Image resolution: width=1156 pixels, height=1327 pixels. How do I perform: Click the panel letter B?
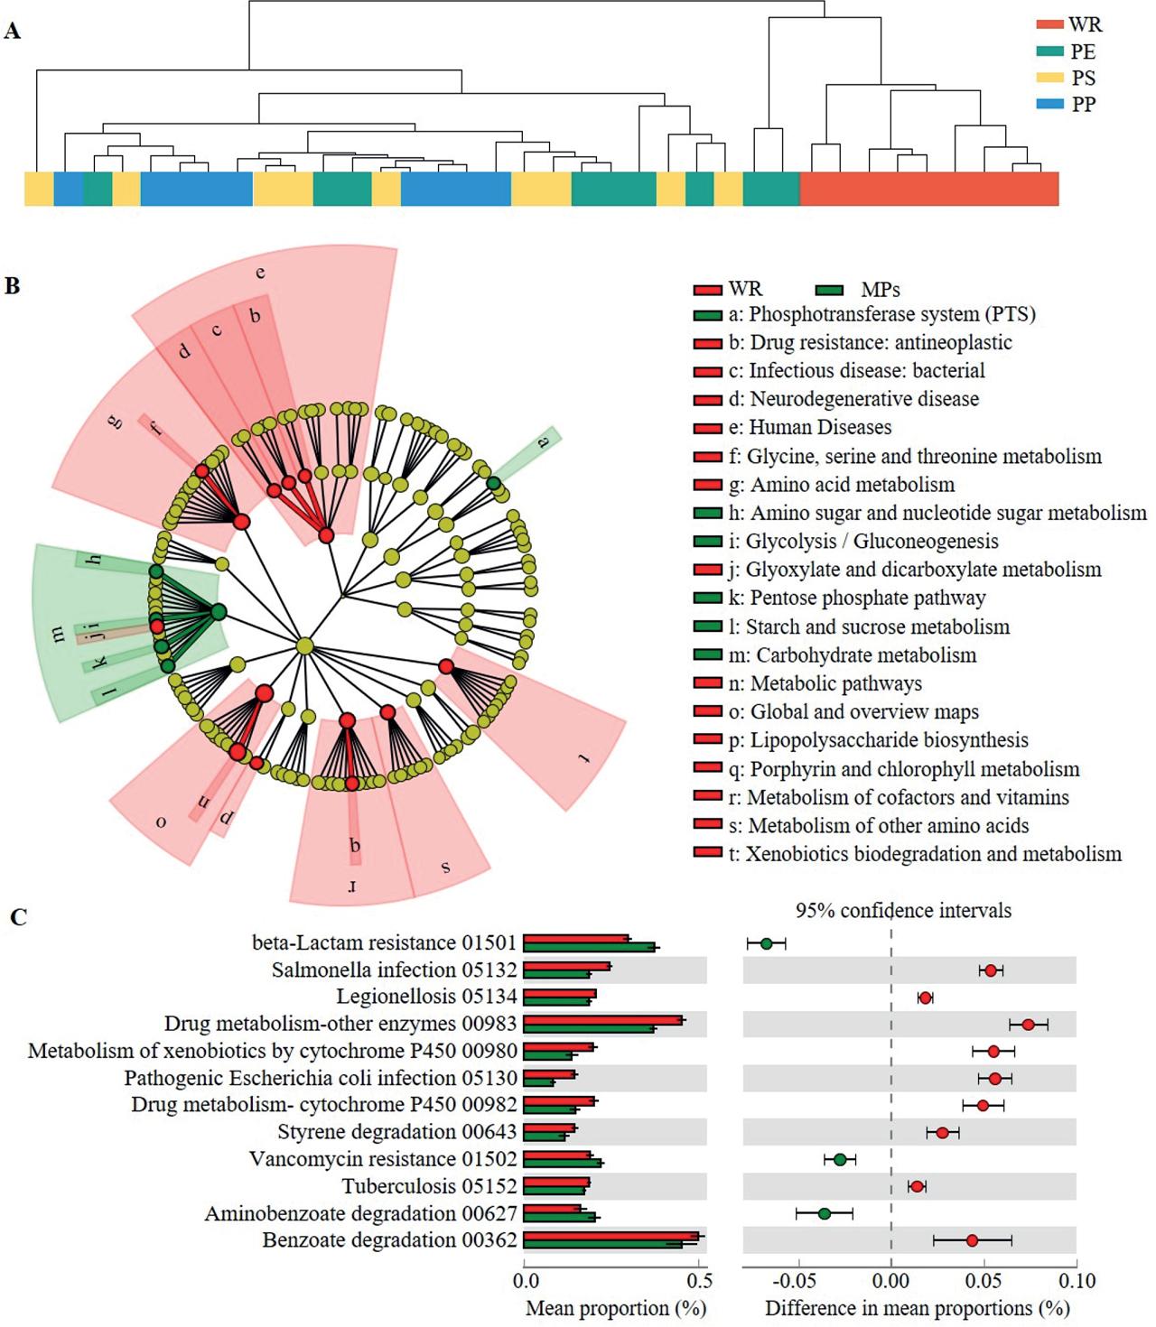coord(12,286)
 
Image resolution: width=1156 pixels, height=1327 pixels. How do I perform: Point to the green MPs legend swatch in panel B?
coord(828,290)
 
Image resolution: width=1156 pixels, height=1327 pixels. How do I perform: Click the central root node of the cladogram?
coord(305,645)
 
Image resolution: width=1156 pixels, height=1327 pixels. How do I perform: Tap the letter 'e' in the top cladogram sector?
coord(260,273)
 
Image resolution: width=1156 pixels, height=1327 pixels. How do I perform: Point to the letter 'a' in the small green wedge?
coord(544,442)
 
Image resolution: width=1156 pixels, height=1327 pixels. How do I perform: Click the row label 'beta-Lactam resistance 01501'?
coord(384,942)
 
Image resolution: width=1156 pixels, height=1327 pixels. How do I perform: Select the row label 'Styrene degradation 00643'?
coord(397,1132)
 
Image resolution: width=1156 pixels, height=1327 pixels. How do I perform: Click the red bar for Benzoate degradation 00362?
coord(611,1235)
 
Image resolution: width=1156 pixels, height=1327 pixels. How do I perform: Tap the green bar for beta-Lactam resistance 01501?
coord(590,948)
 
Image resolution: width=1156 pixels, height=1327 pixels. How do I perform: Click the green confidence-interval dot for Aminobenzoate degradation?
coord(824,1213)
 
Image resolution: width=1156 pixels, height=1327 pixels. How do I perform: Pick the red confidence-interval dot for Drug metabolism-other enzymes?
coord(1028,1024)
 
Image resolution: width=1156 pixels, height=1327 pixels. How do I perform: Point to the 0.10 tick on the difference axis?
coord(1076,1281)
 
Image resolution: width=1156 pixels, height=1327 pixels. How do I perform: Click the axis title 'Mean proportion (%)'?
coord(615,1308)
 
